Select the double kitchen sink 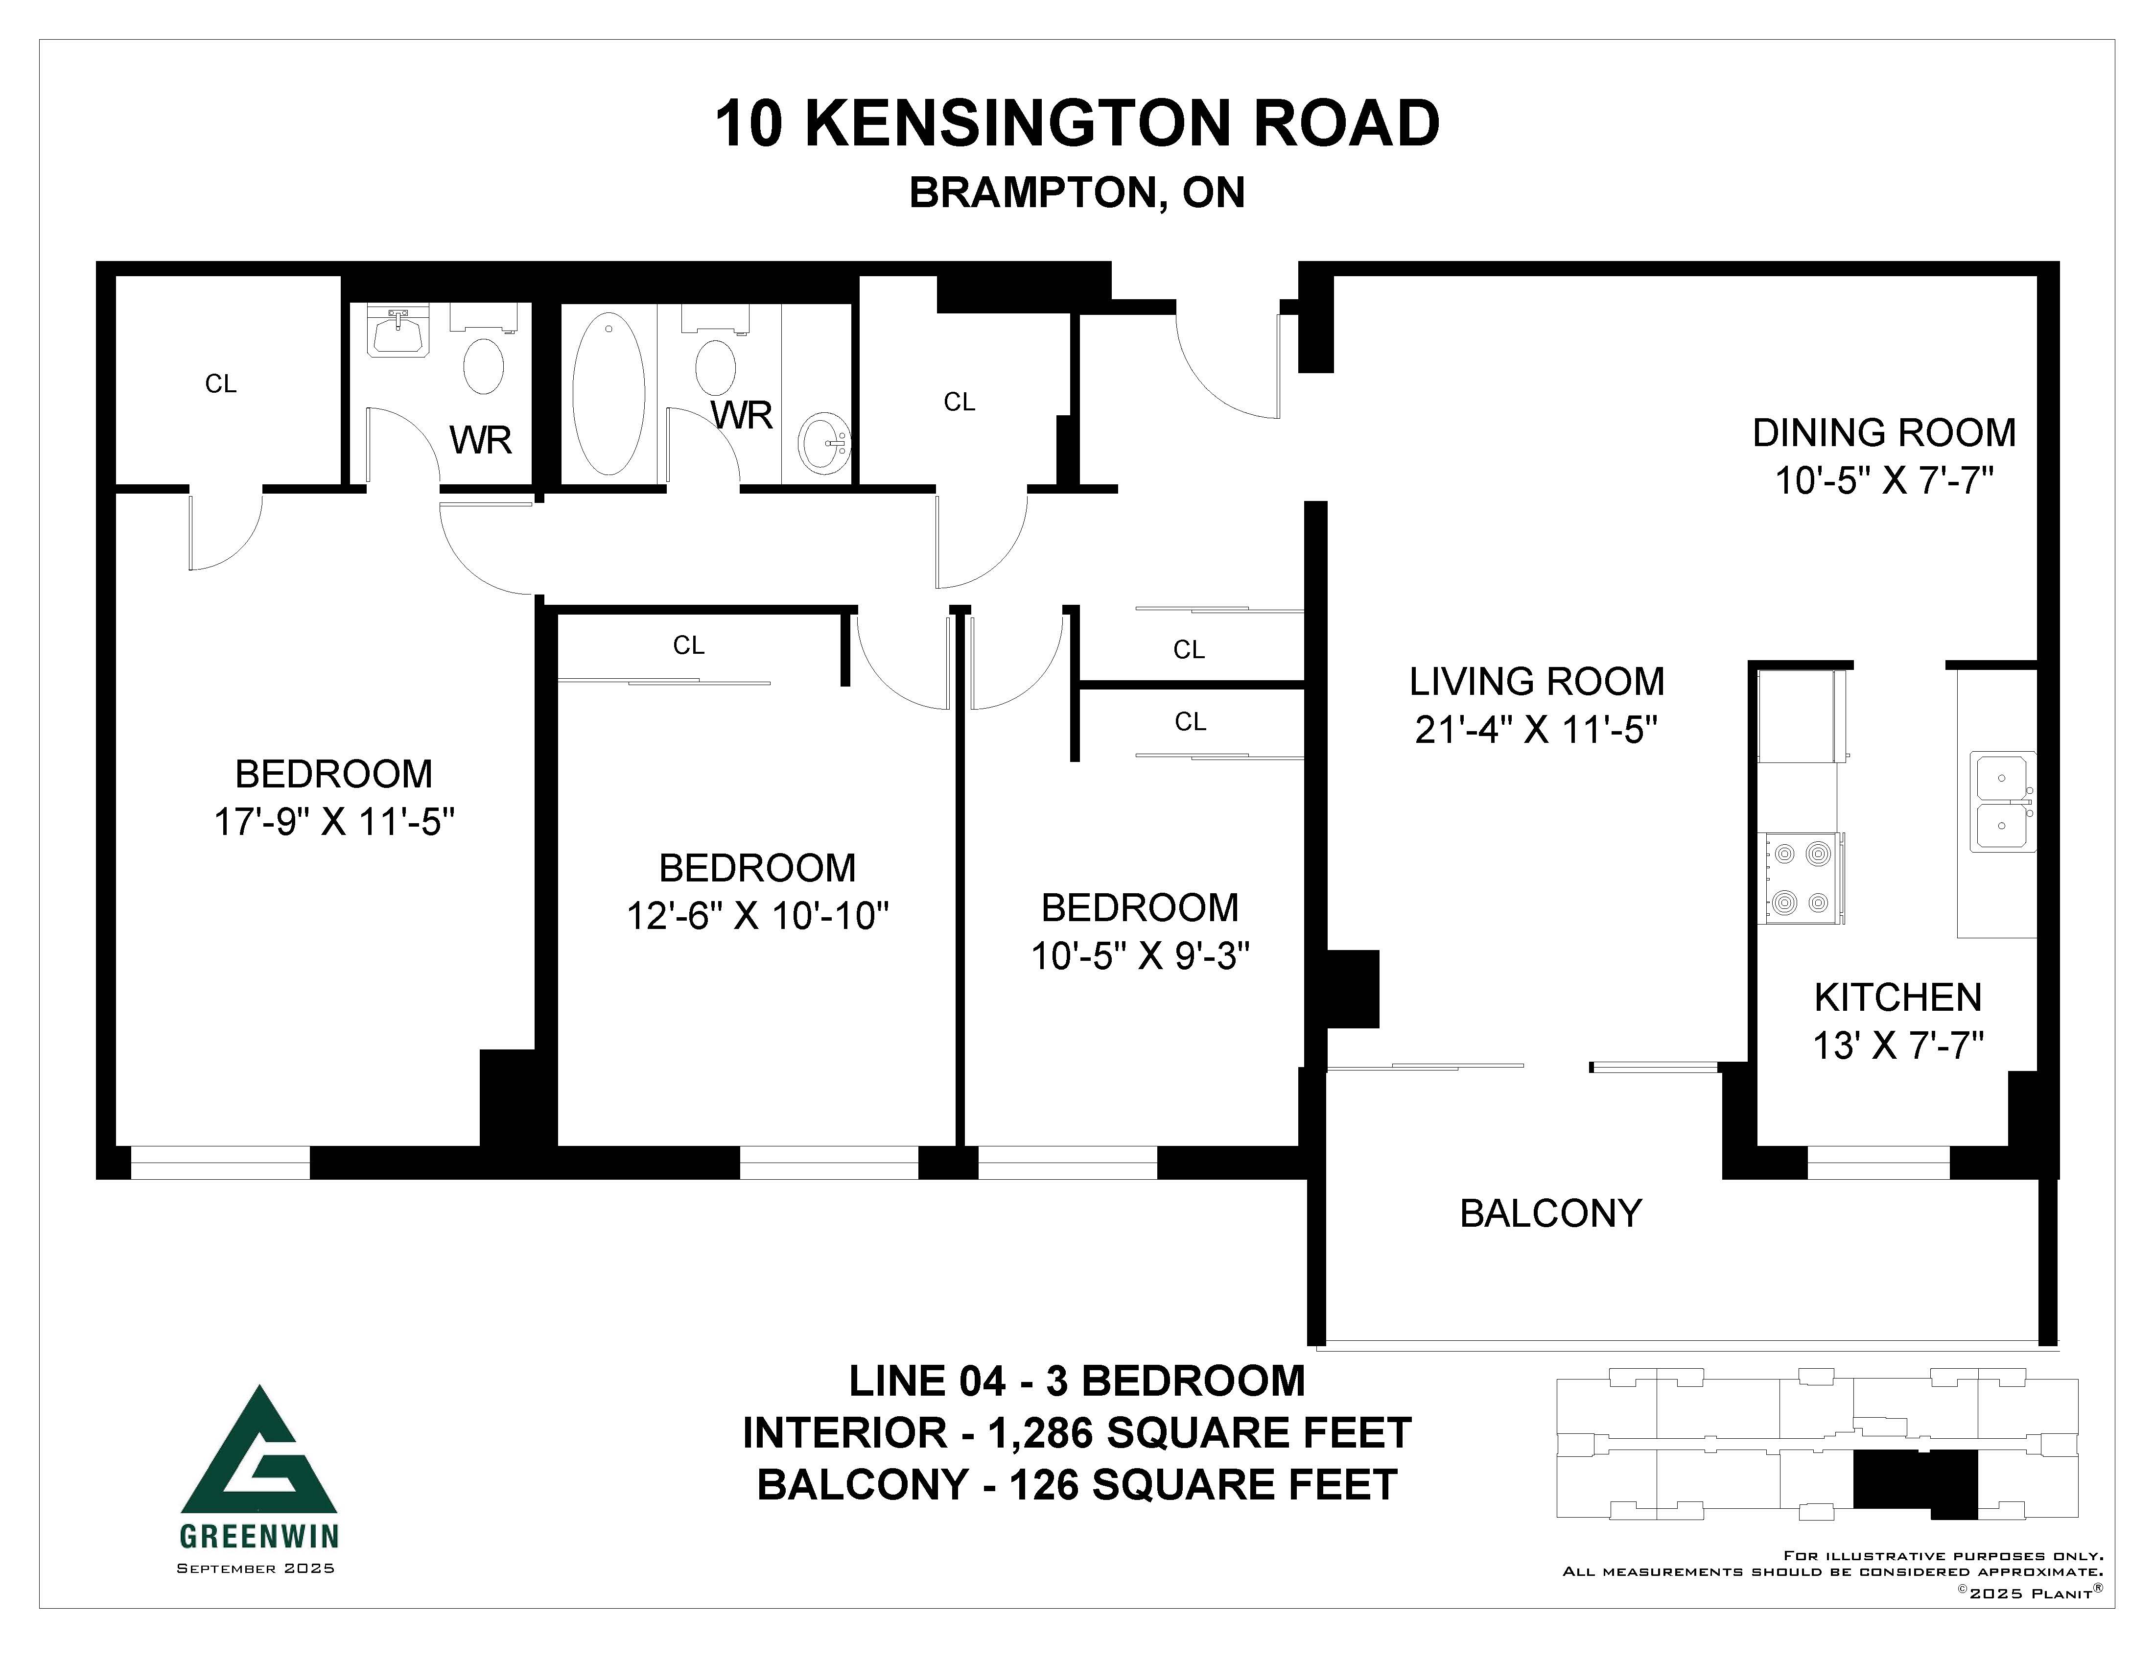pos(2002,802)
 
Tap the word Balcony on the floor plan pos(1550,1213)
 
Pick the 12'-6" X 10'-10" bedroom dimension pos(757,916)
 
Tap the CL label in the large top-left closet pos(221,384)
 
